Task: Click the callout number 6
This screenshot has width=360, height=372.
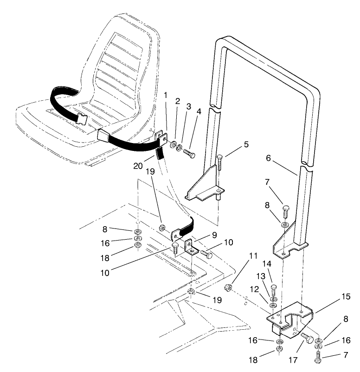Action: coord(282,158)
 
